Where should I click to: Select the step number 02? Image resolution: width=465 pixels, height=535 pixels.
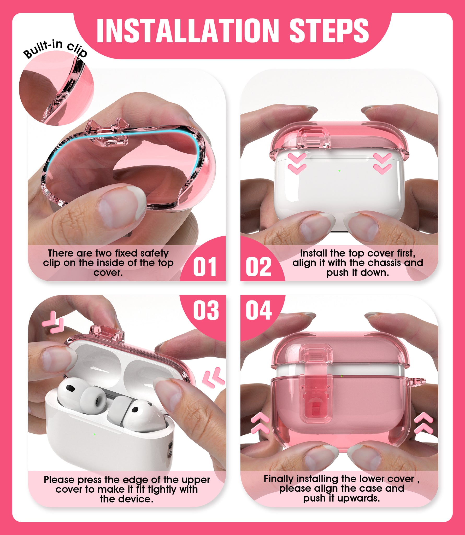click(258, 267)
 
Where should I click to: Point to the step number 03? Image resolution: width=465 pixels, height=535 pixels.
click(206, 310)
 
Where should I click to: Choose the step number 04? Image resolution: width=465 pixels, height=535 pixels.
click(259, 310)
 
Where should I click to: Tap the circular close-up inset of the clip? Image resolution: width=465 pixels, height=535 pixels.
click(56, 88)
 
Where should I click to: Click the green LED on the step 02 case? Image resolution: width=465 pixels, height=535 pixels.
click(339, 171)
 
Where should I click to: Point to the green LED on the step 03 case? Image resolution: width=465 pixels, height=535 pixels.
click(94, 434)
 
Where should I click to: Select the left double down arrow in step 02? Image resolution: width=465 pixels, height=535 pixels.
click(297, 164)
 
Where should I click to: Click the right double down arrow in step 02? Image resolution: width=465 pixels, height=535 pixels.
click(382, 164)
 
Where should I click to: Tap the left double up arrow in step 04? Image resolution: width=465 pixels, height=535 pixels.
click(260, 423)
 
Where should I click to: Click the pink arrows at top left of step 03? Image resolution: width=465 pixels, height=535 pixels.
click(53, 322)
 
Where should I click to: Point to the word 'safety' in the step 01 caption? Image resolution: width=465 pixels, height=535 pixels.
click(155, 253)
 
